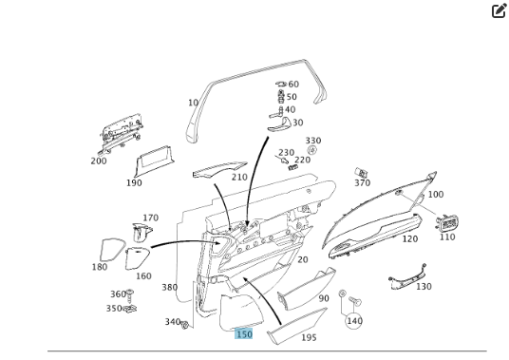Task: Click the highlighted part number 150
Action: pyautogui.click(x=244, y=334)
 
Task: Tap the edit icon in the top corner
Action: pyautogui.click(x=499, y=10)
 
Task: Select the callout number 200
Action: pyautogui.click(x=99, y=161)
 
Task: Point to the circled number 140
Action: pyautogui.click(x=354, y=321)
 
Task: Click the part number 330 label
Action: pyautogui.click(x=313, y=141)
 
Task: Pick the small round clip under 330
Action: pyautogui.click(x=312, y=150)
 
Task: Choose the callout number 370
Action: pyautogui.click(x=362, y=183)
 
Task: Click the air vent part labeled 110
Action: pyautogui.click(x=447, y=223)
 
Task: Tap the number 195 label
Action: pyautogui.click(x=309, y=337)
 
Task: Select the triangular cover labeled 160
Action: pyautogui.click(x=137, y=258)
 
